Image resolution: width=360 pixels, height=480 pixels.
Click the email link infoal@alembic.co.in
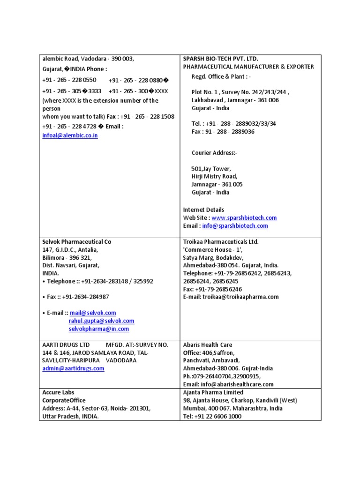70,135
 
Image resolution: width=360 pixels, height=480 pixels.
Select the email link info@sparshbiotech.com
235,226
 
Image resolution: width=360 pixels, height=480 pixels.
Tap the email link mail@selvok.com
93,313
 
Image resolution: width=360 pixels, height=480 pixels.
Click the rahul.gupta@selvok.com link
101,321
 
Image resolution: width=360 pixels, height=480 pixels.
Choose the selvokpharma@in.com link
98,329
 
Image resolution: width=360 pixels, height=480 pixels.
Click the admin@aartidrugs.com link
73,368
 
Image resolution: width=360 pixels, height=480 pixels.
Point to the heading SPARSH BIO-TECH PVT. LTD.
221,59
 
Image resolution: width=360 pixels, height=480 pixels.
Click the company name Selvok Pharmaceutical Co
77,242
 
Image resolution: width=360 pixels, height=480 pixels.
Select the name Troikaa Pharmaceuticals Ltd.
221,242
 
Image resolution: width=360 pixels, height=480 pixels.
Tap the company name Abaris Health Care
208,345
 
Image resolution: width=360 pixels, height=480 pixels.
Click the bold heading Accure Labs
59,392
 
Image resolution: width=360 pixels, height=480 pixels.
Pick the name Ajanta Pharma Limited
213,392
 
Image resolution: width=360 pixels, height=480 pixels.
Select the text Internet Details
203,210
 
